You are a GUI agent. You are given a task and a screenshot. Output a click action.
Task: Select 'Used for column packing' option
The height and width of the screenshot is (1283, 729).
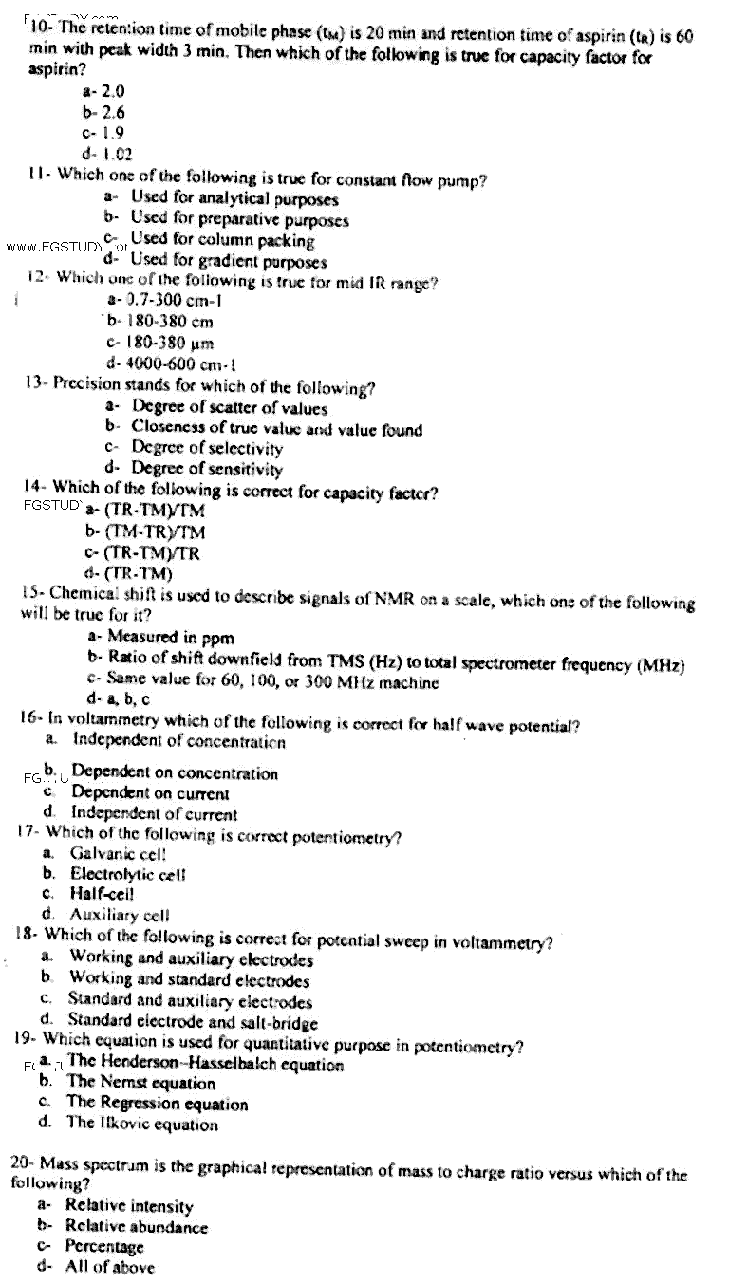(222, 240)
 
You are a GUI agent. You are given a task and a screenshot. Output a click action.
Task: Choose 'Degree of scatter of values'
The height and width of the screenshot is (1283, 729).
(229, 408)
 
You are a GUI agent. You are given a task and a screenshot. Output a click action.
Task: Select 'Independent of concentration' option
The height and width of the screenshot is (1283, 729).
(178, 740)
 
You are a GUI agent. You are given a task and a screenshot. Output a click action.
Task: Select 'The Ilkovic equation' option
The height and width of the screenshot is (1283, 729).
(141, 1125)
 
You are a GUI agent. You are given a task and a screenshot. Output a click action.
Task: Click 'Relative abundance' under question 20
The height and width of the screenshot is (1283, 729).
(136, 1227)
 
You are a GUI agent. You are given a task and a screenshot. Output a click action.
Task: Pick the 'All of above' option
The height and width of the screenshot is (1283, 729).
(109, 1267)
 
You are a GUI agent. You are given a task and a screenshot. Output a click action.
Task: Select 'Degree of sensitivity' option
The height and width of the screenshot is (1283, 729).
(206, 469)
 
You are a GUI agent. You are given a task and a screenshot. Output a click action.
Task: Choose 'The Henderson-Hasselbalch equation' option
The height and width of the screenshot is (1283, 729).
(205, 1063)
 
